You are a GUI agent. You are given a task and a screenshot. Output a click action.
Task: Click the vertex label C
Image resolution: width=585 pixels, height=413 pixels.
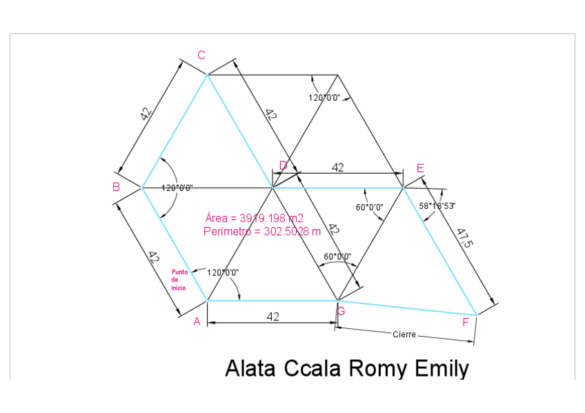pyautogui.click(x=201, y=55)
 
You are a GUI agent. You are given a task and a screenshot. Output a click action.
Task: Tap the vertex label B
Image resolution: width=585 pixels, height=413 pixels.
pyautogui.click(x=117, y=187)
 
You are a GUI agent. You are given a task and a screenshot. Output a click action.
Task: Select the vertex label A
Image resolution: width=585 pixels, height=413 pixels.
pyautogui.click(x=197, y=321)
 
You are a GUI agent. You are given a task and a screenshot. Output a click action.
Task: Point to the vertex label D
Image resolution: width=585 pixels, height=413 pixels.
pyautogui.click(x=283, y=165)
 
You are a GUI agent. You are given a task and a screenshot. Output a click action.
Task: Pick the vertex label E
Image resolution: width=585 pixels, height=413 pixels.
pyautogui.click(x=420, y=168)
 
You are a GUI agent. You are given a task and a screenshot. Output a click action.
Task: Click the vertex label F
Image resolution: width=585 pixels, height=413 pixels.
pyautogui.click(x=466, y=321)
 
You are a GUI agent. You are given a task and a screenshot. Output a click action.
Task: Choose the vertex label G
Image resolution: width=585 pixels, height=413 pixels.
pyautogui.click(x=341, y=312)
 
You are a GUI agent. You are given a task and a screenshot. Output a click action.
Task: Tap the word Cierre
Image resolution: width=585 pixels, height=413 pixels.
pyautogui.click(x=404, y=334)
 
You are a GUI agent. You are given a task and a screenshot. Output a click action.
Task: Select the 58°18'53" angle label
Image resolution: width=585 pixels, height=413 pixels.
pyautogui.click(x=437, y=205)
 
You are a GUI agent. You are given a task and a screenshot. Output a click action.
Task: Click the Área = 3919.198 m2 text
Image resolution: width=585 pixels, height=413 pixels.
pyautogui.click(x=255, y=218)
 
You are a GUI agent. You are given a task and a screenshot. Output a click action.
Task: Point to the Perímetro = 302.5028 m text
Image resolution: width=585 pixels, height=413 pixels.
pyautogui.click(x=262, y=232)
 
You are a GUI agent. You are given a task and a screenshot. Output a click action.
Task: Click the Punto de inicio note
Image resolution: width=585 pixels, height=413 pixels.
pyautogui.click(x=179, y=279)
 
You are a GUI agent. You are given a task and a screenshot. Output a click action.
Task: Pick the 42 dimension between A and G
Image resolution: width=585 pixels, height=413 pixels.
pyautogui.click(x=272, y=316)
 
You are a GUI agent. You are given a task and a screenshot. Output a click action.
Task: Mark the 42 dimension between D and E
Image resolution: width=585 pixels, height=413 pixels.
pyautogui.click(x=338, y=168)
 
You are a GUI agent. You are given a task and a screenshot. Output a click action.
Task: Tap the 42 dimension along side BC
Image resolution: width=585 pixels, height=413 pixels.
pyautogui.click(x=146, y=114)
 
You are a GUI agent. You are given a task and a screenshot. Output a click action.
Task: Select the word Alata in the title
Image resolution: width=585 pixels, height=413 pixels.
pyautogui.click(x=251, y=368)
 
